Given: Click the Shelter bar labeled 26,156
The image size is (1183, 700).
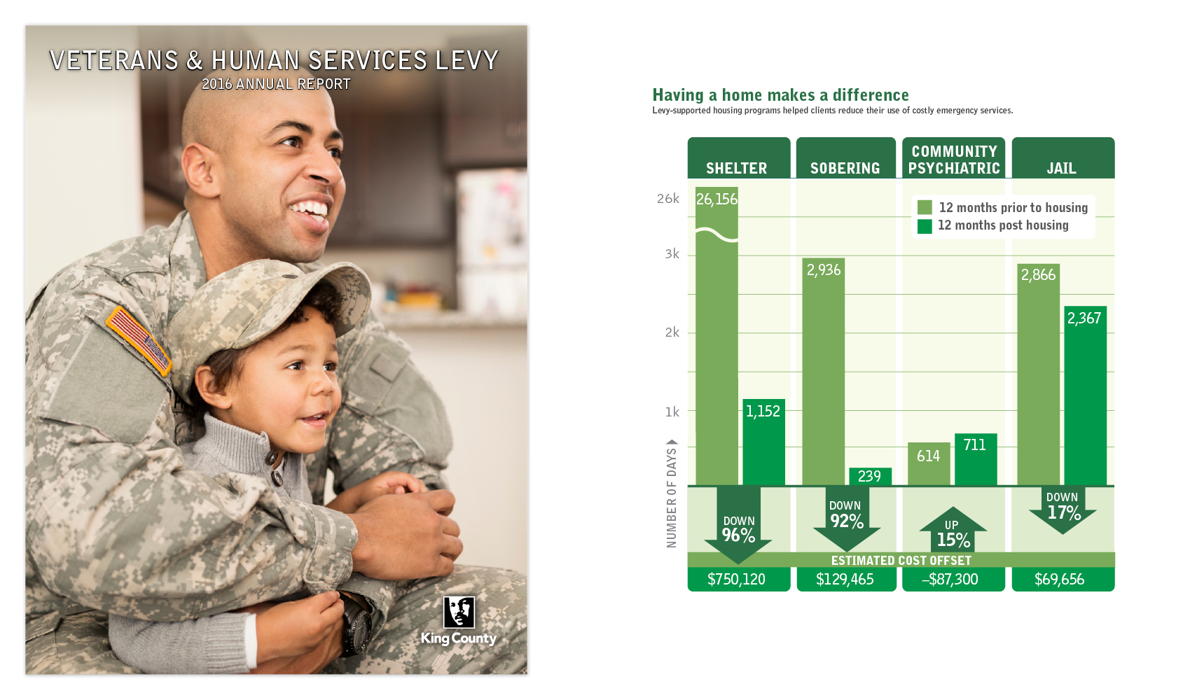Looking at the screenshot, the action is click(717, 336).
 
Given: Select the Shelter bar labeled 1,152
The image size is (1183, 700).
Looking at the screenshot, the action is click(763, 442).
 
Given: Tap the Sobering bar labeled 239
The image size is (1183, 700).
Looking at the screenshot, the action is click(871, 477).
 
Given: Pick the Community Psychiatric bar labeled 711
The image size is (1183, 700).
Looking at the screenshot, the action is click(976, 459).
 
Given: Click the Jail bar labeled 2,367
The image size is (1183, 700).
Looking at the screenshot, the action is click(1086, 396).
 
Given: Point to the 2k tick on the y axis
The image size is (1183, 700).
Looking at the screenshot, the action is click(672, 332).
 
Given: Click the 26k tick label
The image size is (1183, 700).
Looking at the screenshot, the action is click(668, 199).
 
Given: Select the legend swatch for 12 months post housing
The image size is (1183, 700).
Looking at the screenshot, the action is click(925, 226).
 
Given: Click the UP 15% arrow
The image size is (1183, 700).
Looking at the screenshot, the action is click(953, 529).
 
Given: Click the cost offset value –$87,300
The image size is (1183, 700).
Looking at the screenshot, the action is click(950, 580).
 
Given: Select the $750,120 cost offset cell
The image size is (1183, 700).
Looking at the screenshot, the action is click(739, 579).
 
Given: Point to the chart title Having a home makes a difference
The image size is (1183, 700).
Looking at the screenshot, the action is click(780, 95).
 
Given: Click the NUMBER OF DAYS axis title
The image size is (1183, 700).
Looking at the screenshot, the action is click(671, 497).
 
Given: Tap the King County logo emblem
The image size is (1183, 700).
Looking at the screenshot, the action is click(459, 612).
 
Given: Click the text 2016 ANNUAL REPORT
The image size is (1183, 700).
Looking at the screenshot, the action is click(276, 85).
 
